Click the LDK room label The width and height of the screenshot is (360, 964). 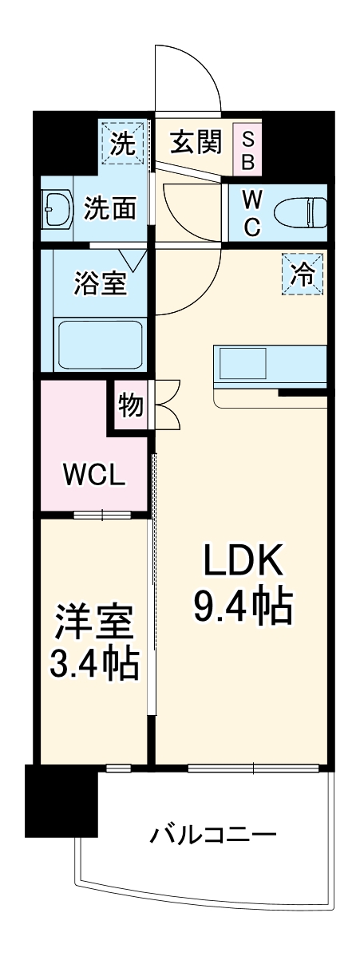coord(242,564)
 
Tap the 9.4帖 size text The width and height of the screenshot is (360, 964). coord(242,609)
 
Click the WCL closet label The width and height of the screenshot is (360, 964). coord(93,476)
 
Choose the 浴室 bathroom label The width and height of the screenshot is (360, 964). coord(100,285)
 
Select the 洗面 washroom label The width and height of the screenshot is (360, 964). coord(111,209)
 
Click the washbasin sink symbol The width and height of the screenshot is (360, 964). coord(57,209)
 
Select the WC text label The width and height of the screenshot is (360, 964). coord(250,212)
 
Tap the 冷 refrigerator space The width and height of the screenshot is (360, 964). coord(303,274)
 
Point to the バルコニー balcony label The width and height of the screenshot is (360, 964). coord(213,836)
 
